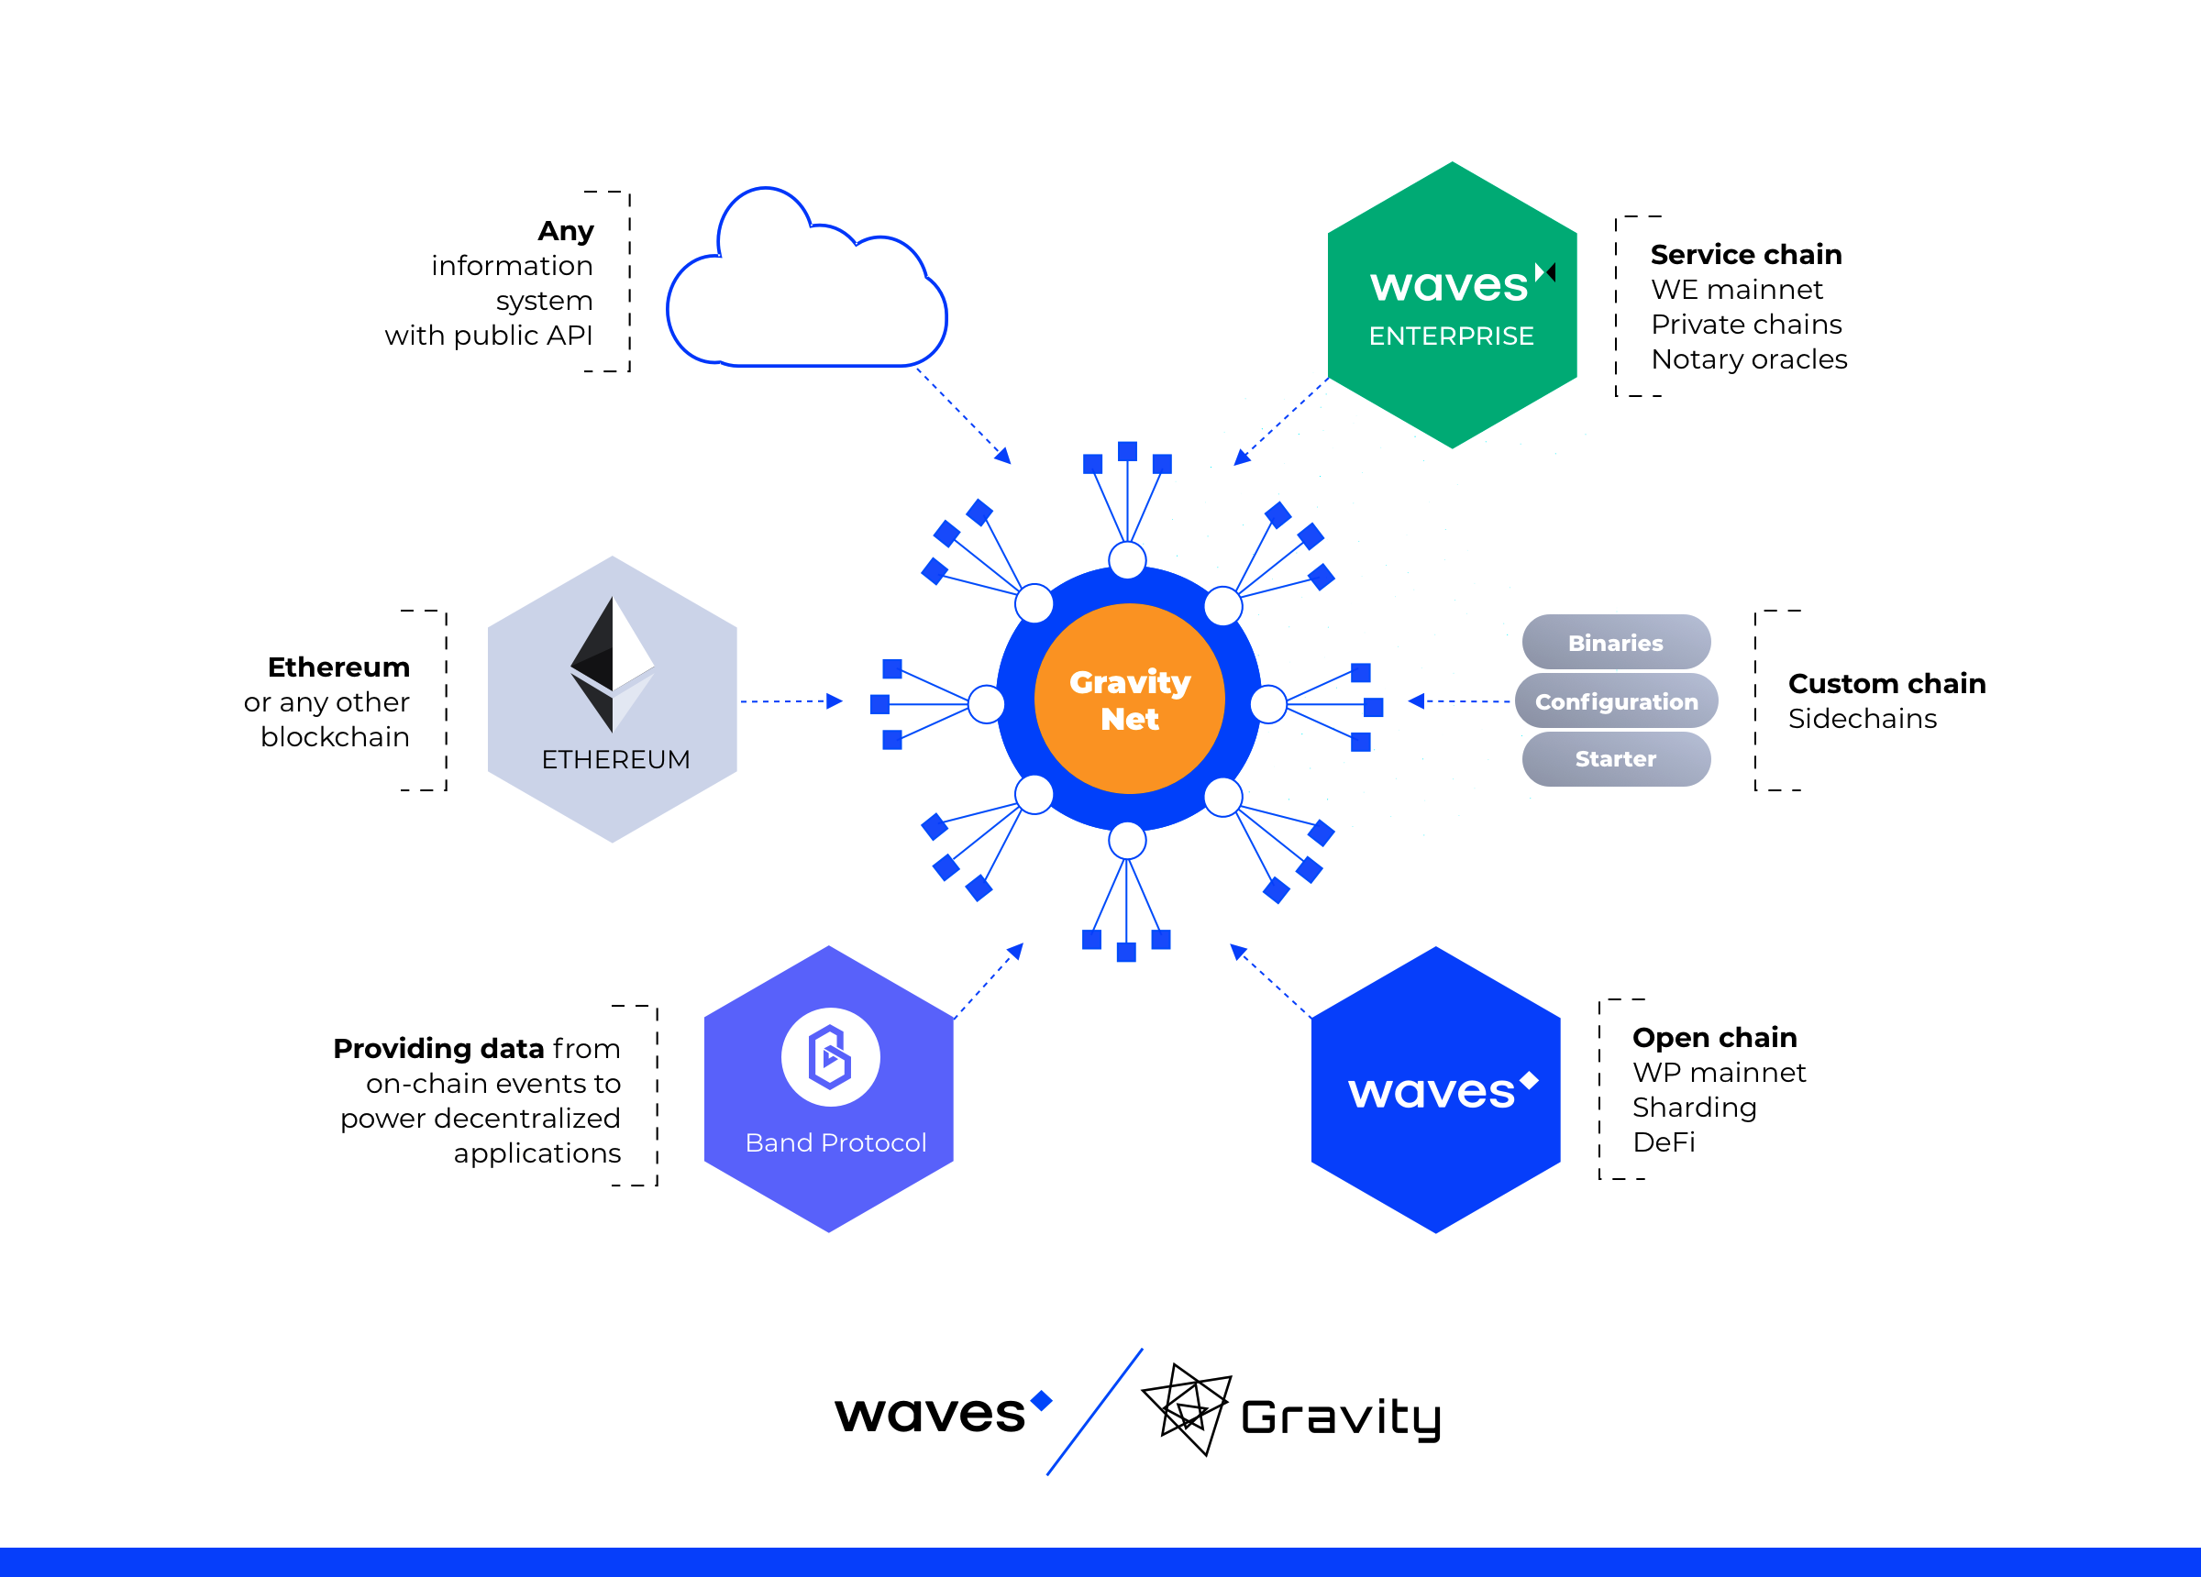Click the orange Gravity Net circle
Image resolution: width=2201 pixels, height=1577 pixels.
click(1129, 699)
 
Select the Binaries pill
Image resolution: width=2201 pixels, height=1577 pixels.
click(1616, 643)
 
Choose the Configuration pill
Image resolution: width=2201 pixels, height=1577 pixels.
click(1616, 700)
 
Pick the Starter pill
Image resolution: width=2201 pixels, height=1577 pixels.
click(1616, 759)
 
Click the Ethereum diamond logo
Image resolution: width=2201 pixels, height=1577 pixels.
click(613, 665)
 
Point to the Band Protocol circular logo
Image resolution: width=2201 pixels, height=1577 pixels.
click(831, 1057)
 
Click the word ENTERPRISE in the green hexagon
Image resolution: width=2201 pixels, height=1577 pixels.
click(1451, 336)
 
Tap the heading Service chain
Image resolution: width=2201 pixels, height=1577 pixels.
click(1746, 254)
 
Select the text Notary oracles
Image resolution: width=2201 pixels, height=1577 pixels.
click(1749, 359)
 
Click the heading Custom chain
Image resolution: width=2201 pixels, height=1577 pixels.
click(1886, 683)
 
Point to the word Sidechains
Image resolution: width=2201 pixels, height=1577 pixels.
click(1863, 718)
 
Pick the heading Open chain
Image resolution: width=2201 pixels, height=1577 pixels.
click(1715, 1037)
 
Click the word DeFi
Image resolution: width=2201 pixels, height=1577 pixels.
click(1664, 1142)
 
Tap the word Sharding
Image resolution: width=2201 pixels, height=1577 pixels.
click(1695, 1108)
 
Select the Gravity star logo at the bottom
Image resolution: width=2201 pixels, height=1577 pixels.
click(1187, 1409)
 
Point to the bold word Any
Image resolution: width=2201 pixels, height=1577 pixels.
click(566, 231)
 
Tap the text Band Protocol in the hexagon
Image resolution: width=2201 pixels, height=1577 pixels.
click(835, 1142)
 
